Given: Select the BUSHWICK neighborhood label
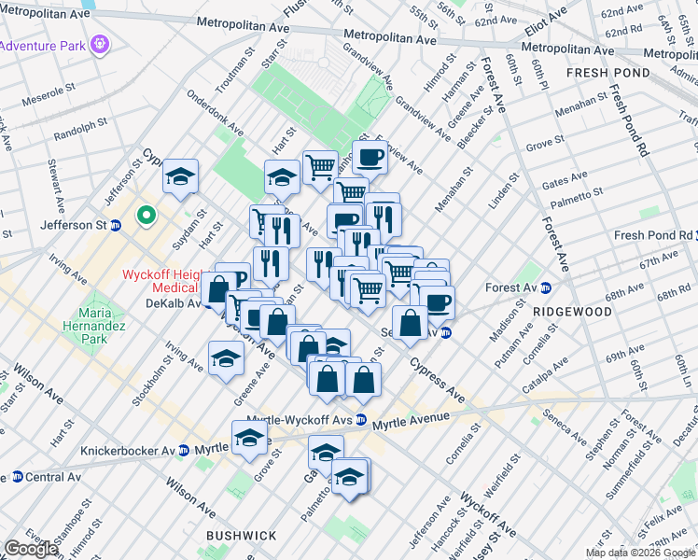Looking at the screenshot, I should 241,535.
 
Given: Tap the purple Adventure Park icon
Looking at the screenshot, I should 101,43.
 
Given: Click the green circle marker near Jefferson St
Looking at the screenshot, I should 146,217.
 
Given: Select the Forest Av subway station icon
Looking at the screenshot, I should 546,288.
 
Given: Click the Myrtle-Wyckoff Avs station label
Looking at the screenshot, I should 302,420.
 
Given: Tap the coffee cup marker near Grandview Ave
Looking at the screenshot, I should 370,156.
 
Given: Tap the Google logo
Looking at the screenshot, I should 30,549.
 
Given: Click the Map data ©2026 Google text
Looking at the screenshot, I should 639,553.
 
